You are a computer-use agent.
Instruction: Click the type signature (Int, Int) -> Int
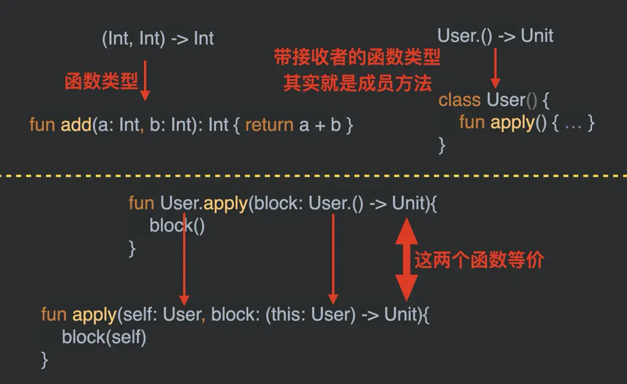(x=158, y=39)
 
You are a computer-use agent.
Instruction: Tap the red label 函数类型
(x=101, y=81)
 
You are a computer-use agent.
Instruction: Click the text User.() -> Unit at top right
(x=495, y=36)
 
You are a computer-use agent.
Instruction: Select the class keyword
(x=459, y=100)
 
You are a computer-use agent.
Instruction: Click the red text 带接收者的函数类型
(x=357, y=58)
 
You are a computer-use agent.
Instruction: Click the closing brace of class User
(x=442, y=145)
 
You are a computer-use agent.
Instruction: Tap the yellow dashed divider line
(x=313, y=175)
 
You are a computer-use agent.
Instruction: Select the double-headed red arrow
(x=406, y=258)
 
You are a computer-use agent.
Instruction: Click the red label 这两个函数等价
(x=479, y=260)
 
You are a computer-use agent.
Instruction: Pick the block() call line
(x=177, y=226)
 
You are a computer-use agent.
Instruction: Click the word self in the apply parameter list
(x=134, y=314)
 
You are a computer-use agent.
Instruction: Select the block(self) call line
(x=104, y=337)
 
